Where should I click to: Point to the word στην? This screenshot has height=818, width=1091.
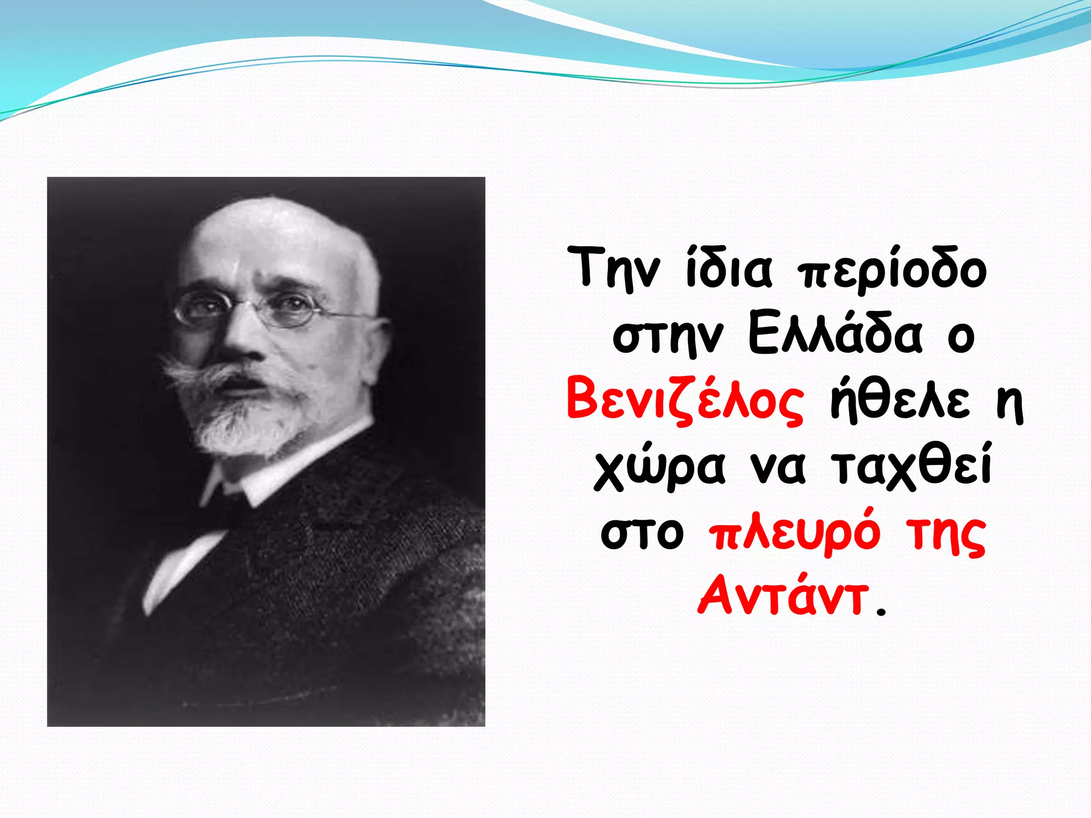click(x=668, y=337)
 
